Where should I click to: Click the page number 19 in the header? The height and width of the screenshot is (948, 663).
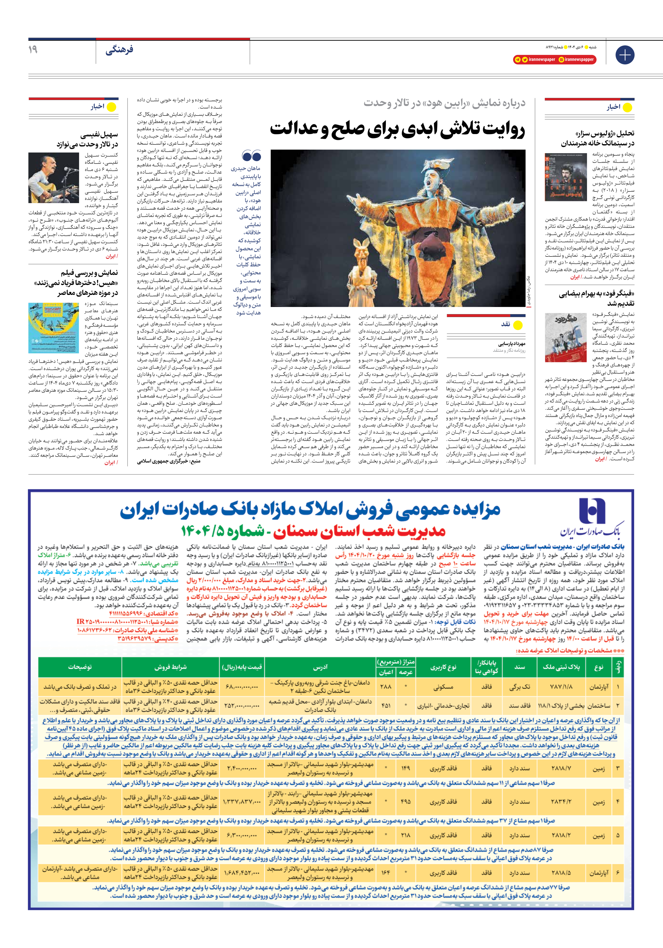[x=33, y=50]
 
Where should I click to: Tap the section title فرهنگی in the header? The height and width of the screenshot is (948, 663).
[x=119, y=50]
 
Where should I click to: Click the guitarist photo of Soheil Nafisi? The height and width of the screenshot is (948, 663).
[x=54, y=178]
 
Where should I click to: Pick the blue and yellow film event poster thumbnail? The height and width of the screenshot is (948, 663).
[x=54, y=328]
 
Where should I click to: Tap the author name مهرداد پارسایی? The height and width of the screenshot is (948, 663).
[x=512, y=344]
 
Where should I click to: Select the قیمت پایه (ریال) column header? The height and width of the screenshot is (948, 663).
[x=242, y=667]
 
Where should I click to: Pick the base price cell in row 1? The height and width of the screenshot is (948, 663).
[x=242, y=687]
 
